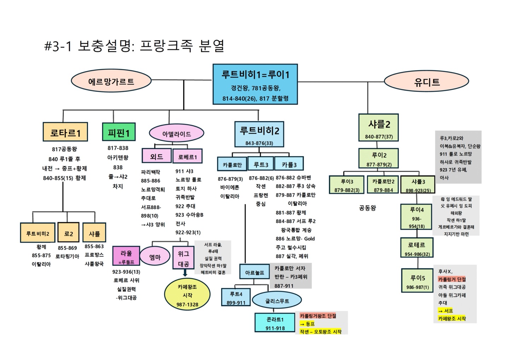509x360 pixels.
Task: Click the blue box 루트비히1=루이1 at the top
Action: (x=255, y=84)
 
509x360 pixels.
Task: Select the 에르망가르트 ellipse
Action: (x=111, y=81)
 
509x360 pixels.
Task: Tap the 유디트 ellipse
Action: (x=426, y=82)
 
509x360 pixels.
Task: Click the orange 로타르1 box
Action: (x=65, y=132)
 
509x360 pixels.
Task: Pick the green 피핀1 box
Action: (x=118, y=133)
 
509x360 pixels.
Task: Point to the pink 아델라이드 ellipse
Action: (x=176, y=134)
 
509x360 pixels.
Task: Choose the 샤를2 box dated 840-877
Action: (x=378, y=128)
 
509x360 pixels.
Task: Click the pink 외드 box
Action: (x=156, y=156)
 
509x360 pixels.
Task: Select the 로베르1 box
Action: (x=187, y=156)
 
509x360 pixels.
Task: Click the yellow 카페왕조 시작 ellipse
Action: (x=187, y=295)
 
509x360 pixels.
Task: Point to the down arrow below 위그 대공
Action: (x=185, y=273)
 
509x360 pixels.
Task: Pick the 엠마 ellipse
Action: (x=155, y=257)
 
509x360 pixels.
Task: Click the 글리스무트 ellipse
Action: (x=277, y=301)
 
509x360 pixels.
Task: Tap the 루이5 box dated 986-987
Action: (x=417, y=281)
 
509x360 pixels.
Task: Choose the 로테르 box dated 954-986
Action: (x=416, y=248)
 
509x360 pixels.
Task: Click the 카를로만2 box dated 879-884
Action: (x=383, y=185)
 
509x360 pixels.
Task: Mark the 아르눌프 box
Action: (x=254, y=272)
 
